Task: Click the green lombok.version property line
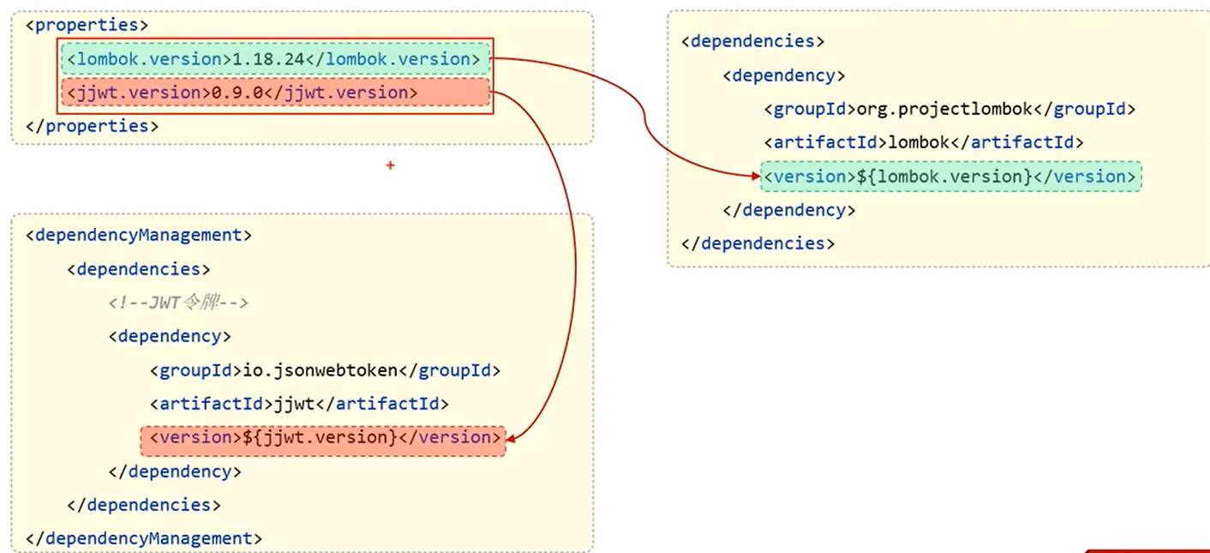(274, 59)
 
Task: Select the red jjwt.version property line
(274, 93)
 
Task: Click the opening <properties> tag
(87, 25)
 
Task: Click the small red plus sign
(390, 165)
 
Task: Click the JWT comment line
(178, 303)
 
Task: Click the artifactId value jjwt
(291, 404)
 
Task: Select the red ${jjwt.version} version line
(323, 437)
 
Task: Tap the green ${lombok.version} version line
(950, 177)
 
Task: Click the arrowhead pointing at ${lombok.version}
(754, 177)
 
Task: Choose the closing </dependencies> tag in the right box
(758, 243)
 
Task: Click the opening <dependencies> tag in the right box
(752, 41)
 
